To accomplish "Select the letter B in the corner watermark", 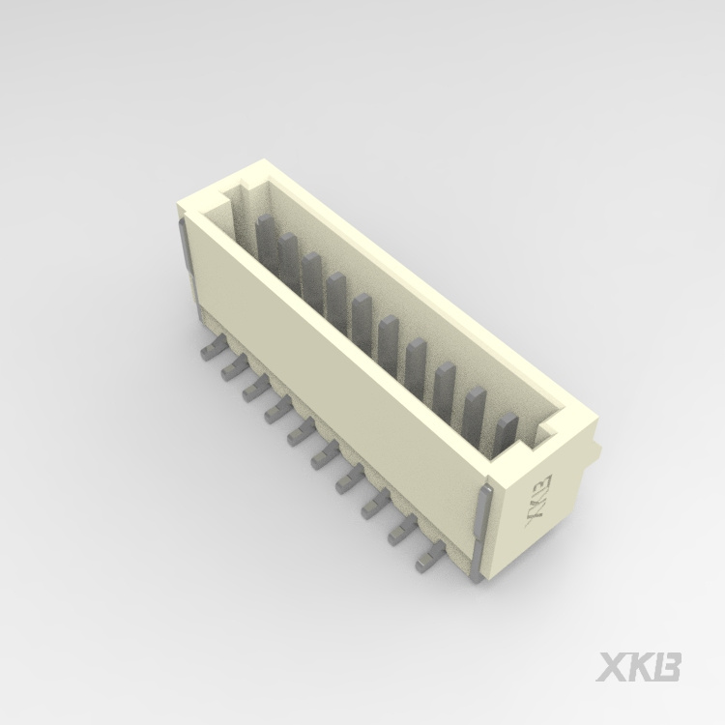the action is click(667, 667).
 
